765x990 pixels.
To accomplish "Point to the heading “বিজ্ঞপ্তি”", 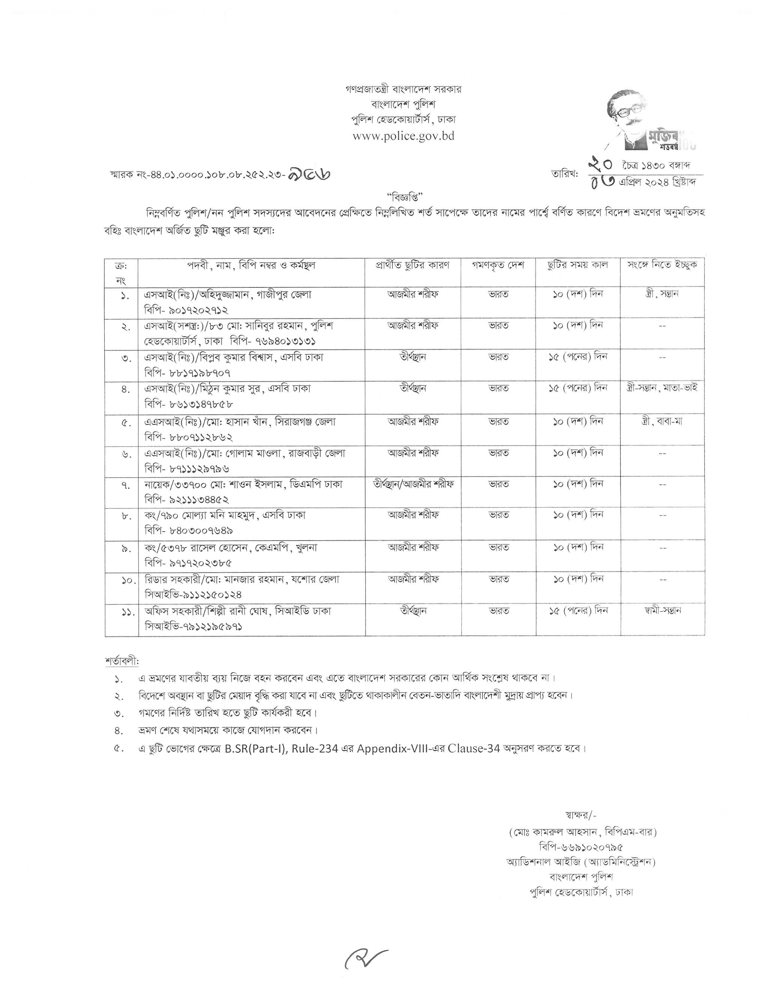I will [405, 197].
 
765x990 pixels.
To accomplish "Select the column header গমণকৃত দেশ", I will [498, 265].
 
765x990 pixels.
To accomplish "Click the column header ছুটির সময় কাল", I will [577, 265].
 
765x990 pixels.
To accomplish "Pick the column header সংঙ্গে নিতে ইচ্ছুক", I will [662, 265].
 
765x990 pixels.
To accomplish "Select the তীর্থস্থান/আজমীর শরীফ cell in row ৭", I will [413, 484].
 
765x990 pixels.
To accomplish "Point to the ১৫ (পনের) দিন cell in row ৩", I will [578, 357].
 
